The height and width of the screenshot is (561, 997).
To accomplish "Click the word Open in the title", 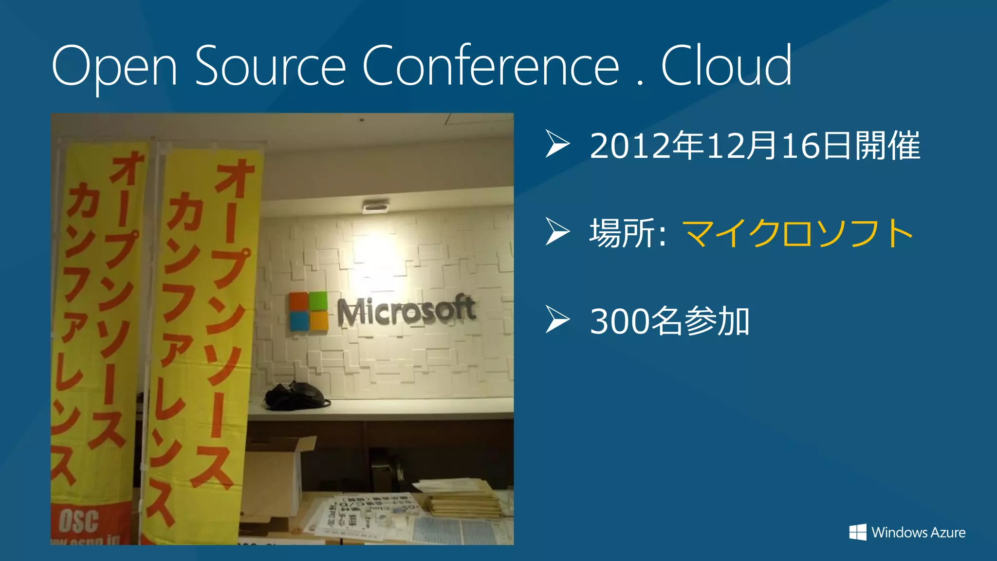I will tap(114, 66).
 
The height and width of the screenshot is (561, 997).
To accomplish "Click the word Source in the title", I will tap(271, 66).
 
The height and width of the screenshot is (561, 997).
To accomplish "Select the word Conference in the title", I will tap(491, 66).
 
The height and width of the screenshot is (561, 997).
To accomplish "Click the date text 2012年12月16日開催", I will tap(755, 146).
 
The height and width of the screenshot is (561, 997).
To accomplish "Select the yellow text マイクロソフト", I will tap(798, 233).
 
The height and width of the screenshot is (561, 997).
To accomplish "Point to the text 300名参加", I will tap(669, 321).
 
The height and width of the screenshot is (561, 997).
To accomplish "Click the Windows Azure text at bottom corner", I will tap(918, 532).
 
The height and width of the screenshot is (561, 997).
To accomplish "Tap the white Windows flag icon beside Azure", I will tap(858, 532).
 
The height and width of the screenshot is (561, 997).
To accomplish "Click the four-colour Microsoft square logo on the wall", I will tap(309, 312).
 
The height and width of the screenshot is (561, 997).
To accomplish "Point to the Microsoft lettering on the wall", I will tap(406, 312).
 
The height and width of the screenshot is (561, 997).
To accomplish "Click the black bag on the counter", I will tap(295, 395).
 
